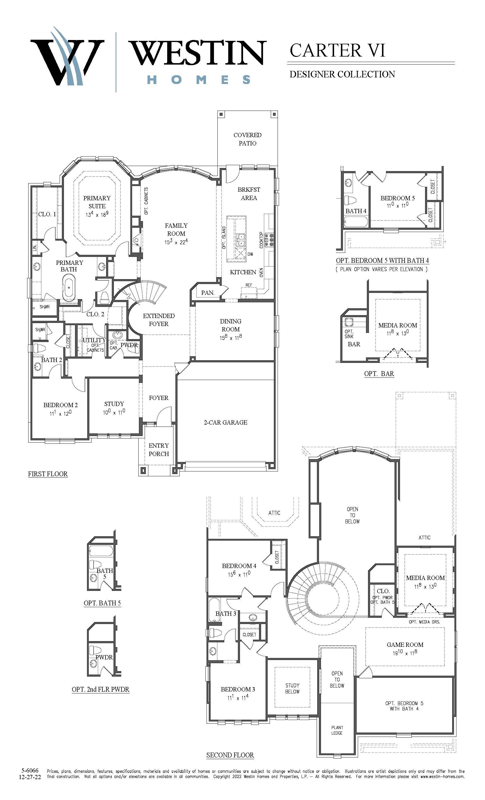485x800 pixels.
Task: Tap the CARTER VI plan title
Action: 337,51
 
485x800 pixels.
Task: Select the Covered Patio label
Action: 247,139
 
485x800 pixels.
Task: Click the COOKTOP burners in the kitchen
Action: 269,241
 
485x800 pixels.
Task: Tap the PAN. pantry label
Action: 207,293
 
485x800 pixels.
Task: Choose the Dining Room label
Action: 231,325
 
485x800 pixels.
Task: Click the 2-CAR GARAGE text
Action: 225,422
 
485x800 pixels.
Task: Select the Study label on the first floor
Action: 114,404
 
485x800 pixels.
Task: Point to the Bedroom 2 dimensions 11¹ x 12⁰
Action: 60,413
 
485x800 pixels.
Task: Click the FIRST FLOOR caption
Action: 48,474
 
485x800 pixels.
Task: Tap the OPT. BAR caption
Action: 379,374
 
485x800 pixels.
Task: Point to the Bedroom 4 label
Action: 239,566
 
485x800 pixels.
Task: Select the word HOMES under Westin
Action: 199,79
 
